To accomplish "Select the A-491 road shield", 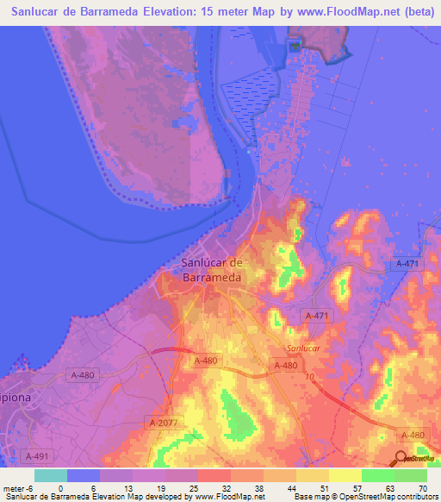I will [38, 455].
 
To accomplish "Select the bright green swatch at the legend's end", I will [411, 475].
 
